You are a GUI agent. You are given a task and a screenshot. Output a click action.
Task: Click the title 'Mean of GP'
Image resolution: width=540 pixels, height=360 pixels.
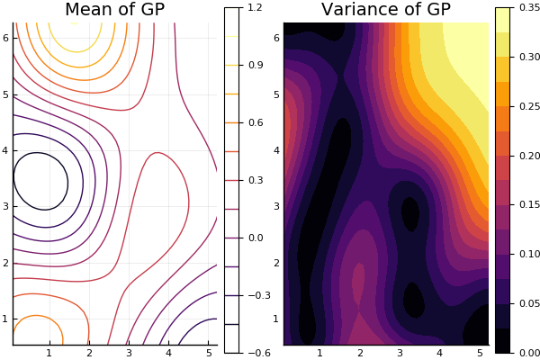(114, 9)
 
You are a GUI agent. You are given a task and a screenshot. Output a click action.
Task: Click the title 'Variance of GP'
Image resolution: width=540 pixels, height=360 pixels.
(386, 9)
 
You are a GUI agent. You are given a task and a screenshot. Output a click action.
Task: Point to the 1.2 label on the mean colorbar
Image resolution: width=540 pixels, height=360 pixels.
(256, 7)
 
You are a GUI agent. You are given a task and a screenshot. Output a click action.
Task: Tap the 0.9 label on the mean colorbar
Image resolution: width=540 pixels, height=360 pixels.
(256, 65)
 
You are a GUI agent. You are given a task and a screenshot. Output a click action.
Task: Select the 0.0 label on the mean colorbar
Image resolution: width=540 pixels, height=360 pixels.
(256, 238)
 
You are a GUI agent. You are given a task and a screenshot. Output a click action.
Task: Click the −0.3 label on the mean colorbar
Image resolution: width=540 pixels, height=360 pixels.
(259, 295)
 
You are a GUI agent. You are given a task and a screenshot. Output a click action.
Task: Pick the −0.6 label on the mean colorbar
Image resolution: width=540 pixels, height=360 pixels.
(259, 353)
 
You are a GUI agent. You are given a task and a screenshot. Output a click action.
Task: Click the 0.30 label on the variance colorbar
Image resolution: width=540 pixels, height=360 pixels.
(530, 57)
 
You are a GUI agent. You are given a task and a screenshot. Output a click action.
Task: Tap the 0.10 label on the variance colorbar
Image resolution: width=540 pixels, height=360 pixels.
(530, 254)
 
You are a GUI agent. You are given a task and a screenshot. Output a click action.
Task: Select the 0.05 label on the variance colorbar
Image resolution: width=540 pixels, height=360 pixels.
(530, 303)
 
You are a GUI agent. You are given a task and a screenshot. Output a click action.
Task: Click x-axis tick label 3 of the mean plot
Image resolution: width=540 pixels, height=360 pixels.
(129, 353)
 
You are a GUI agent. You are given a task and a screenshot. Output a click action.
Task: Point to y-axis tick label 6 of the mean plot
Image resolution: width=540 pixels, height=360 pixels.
(6, 38)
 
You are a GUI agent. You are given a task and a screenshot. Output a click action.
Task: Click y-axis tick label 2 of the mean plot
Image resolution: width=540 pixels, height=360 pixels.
(6, 263)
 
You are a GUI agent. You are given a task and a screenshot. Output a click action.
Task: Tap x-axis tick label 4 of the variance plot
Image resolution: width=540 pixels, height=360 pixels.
(440, 353)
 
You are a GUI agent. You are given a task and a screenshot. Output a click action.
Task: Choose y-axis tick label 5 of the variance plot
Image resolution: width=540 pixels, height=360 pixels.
(276, 94)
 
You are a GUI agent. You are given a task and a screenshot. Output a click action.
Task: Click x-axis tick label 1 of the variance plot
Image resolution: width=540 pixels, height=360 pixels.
(319, 353)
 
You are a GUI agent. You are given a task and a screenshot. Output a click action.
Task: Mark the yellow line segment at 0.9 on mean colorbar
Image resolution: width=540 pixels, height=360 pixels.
(232, 65)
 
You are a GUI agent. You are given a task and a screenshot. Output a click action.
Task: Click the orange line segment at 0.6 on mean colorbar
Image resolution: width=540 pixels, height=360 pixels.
(232, 122)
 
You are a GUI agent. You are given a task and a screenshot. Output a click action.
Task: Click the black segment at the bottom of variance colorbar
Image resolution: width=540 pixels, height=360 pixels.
(503, 341)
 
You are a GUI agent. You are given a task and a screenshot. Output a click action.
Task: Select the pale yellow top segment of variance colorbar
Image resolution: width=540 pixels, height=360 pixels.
(503, 20)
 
